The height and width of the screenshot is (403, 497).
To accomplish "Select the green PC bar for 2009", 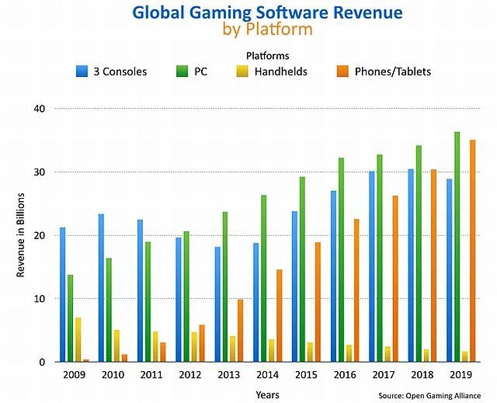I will (x=71, y=318).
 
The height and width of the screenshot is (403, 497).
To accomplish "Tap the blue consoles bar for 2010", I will (x=101, y=287).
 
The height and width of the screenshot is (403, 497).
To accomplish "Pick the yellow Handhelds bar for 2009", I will (x=78, y=339).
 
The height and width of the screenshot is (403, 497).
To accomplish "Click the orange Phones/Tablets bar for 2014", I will (x=280, y=315).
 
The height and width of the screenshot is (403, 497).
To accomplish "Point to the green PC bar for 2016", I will (x=341, y=259).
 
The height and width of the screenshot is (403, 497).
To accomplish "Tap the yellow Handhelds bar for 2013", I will (x=232, y=349).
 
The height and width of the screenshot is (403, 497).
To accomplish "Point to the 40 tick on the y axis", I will (x=40, y=109).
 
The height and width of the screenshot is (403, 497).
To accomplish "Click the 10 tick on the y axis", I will (x=40, y=299).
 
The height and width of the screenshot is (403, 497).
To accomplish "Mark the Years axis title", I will (x=267, y=394).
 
